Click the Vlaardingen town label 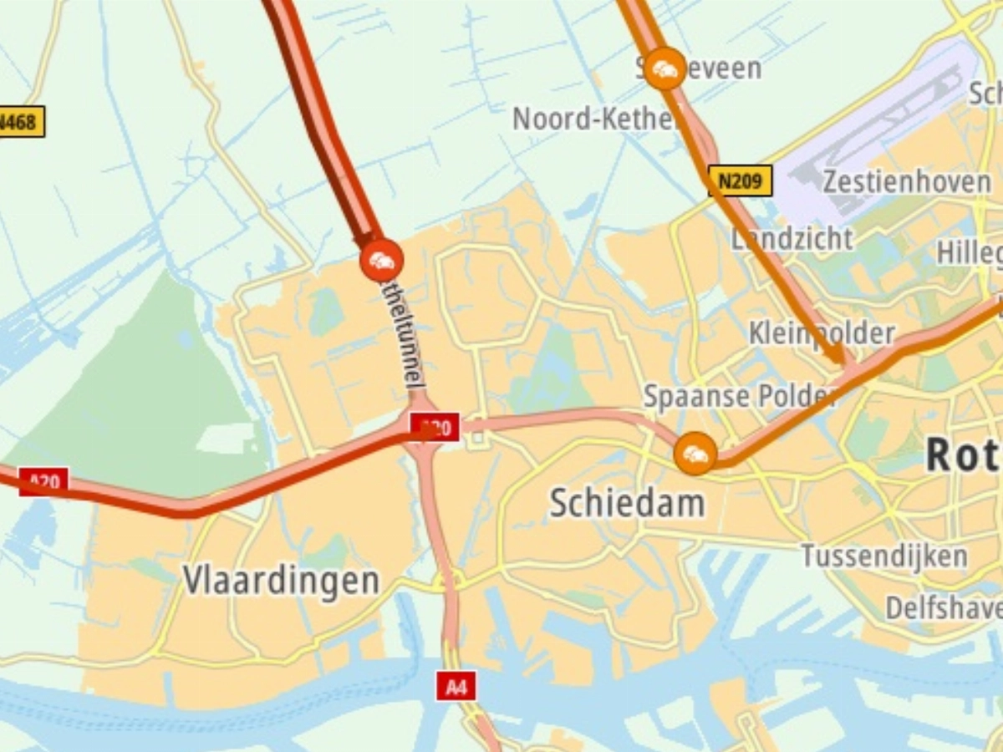(281, 580)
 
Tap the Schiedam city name (627, 503)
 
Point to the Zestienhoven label (907, 181)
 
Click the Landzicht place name (792, 239)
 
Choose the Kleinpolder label (822, 333)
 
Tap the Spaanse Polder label (740, 395)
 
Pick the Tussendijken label (884, 556)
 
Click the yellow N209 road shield (740, 180)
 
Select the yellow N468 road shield (20, 123)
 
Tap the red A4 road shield (456, 687)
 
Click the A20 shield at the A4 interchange (435, 428)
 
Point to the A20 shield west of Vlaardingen (43, 481)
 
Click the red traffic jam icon (381, 261)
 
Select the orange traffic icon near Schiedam (695, 454)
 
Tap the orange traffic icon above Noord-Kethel (665, 69)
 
